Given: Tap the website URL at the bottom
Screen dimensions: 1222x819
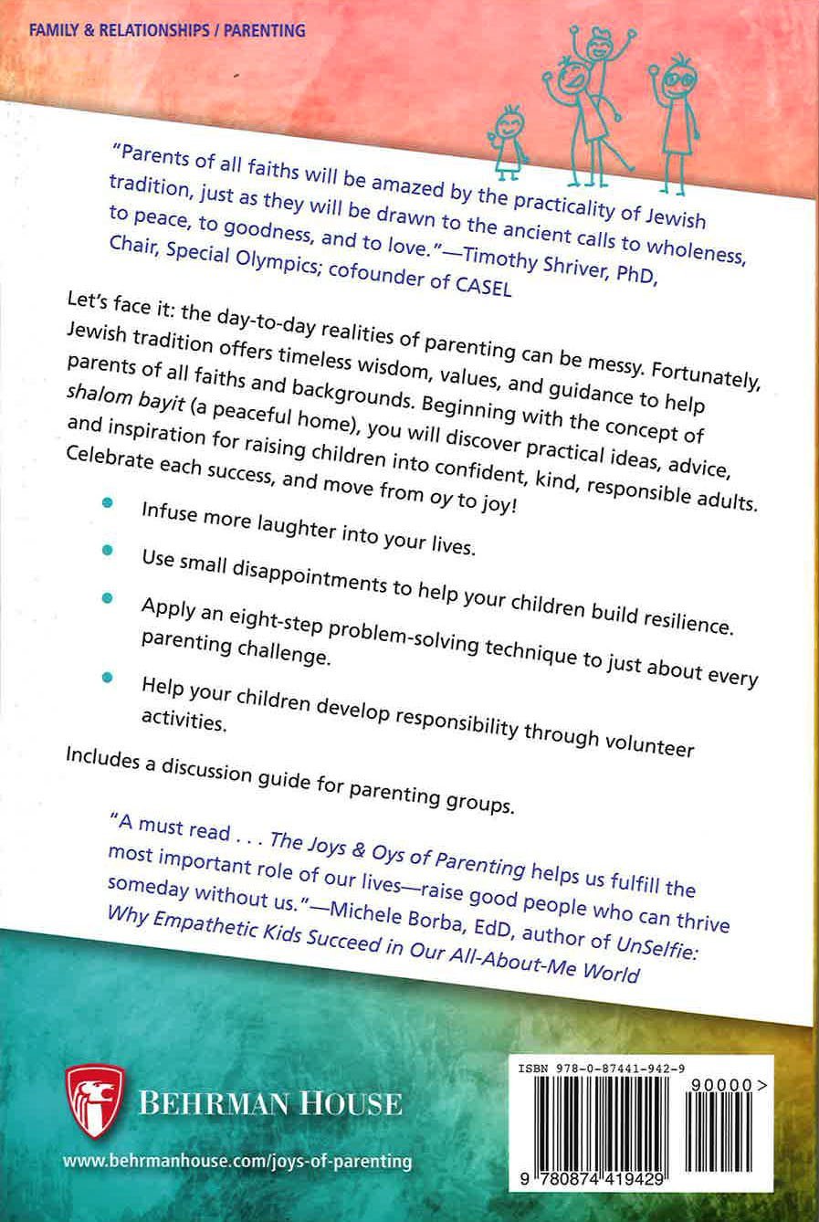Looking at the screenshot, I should (x=237, y=1162).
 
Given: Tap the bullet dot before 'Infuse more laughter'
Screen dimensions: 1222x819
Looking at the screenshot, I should (x=108, y=504).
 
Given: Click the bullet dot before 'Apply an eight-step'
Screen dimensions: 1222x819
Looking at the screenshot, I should (x=108, y=597).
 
